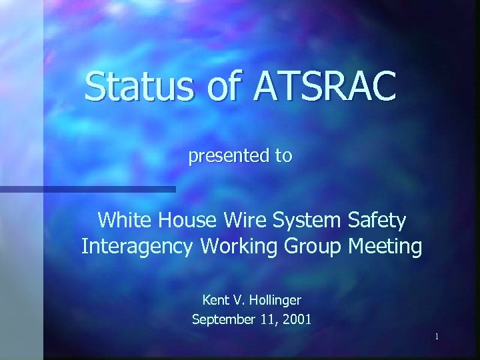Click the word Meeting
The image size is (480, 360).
[x=385, y=247]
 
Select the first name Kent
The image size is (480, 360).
[x=215, y=301]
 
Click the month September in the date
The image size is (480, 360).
[x=223, y=320]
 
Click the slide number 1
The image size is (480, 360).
[x=436, y=337]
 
